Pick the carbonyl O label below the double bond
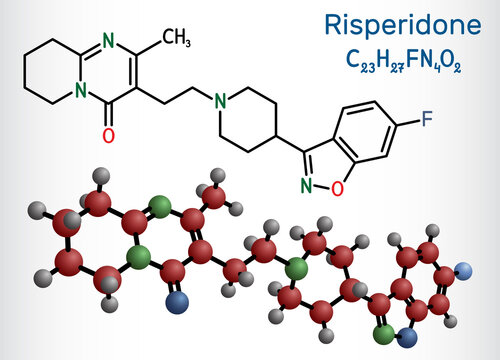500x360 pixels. point(109,132)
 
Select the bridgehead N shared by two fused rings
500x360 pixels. point(81,99)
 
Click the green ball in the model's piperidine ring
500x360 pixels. point(294,267)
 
